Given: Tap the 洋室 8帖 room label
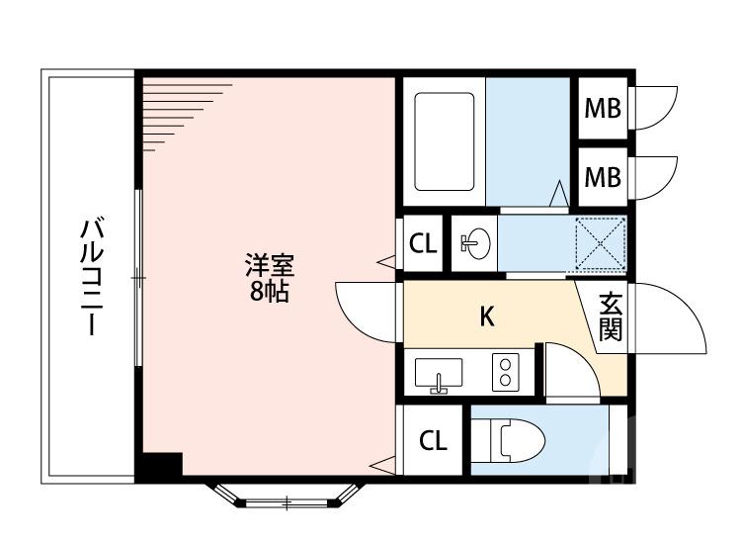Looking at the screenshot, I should tap(269, 278).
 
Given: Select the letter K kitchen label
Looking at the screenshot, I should tap(486, 317).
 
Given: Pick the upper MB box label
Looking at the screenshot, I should tap(602, 108).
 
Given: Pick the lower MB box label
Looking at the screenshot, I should tap(602, 177).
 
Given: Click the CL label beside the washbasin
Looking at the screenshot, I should tap(423, 243).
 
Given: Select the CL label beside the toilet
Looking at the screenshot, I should tap(433, 441).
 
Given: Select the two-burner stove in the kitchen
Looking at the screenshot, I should tap(506, 374).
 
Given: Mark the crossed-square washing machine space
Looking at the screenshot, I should tap(601, 242).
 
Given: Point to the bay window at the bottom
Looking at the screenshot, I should tap(287, 497).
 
